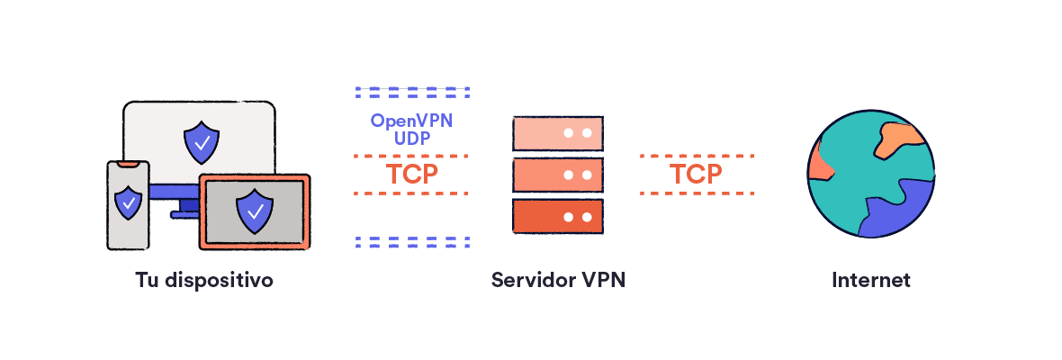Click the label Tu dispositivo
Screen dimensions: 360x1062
click(x=204, y=280)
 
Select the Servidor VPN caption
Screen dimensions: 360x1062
click(x=558, y=280)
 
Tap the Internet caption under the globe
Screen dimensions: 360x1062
click(x=870, y=280)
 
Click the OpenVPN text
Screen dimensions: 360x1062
click(x=412, y=121)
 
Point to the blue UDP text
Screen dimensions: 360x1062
click(x=412, y=139)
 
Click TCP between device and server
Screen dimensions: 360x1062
click(x=412, y=174)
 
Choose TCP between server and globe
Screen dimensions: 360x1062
click(x=696, y=174)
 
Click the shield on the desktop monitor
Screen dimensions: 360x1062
click(x=200, y=141)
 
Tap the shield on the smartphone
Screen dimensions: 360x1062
click(x=129, y=202)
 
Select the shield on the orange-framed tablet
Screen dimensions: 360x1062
click(x=255, y=211)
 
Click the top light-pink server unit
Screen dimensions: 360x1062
click(x=557, y=132)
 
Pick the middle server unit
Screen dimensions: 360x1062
click(x=557, y=175)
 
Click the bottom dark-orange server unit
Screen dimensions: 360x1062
click(x=557, y=217)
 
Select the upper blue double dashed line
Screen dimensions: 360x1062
click(x=412, y=92)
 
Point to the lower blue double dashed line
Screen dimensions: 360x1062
click(x=412, y=241)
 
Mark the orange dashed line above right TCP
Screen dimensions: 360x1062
click(x=696, y=155)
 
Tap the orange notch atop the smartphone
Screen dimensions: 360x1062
click(x=128, y=165)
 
